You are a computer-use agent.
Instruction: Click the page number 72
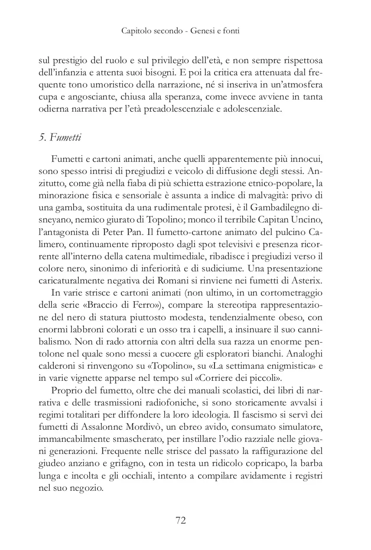coord(181,520)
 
